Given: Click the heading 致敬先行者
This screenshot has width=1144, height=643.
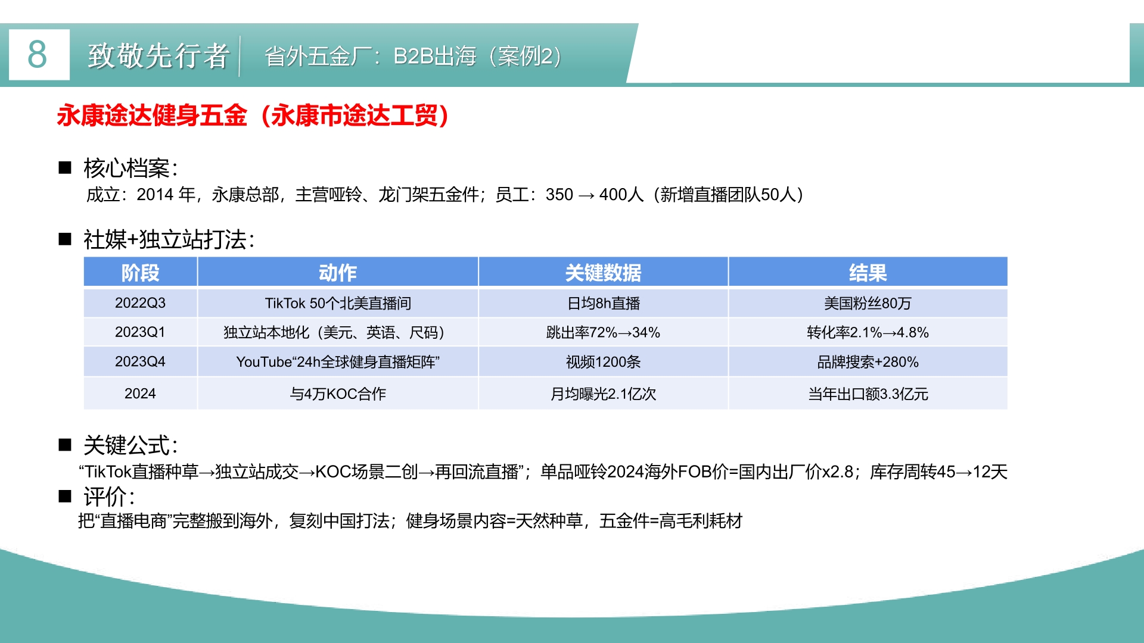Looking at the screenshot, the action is pos(158,56).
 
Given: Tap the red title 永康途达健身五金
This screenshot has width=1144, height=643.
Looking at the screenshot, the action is pos(152,116).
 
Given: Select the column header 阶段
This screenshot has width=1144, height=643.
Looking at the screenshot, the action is pos(141,273).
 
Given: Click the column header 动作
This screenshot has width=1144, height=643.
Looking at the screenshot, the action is pos(338,273).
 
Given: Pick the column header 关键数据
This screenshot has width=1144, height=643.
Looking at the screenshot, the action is pos(603,273).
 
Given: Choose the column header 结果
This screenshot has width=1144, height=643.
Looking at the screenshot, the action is pos(868,273).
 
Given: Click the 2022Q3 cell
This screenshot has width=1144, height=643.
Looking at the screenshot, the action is pos(141,303).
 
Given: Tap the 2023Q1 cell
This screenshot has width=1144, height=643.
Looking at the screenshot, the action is pos(141,332).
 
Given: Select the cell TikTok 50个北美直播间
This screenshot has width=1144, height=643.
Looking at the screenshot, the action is pos(338,303).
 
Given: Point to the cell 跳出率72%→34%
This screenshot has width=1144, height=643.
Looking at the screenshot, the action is pos(603,332).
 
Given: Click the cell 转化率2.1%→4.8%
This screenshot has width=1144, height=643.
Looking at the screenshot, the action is pos(868,332).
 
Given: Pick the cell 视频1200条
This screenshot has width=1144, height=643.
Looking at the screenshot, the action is pos(603,362).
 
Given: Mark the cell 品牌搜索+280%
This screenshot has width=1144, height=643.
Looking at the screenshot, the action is pos(868,362).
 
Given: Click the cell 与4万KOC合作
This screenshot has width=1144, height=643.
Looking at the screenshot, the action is pos(338,394).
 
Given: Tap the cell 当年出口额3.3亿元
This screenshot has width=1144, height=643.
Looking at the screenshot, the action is pos(868,394).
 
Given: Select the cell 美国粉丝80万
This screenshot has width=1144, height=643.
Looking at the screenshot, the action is pos(868,303).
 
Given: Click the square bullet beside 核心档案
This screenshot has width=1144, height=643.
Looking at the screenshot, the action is pos(65,167).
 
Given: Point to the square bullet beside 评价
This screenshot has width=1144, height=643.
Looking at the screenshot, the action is pos(65,496).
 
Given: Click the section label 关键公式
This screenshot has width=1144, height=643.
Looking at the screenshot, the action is pos(130,445).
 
